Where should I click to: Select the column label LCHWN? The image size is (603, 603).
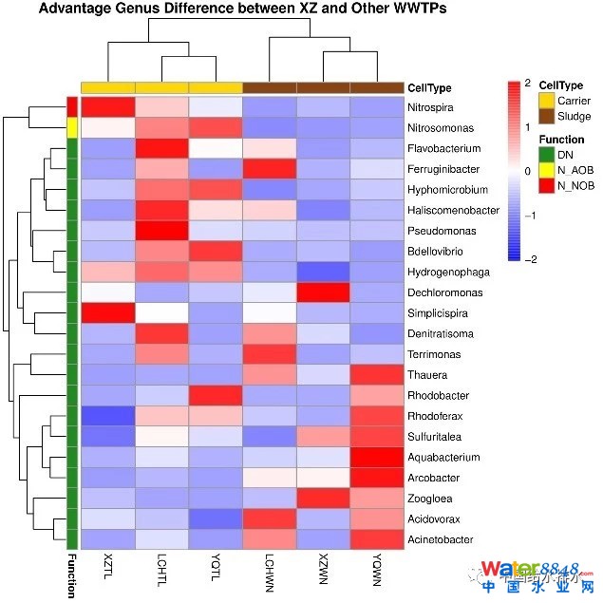click(x=270, y=575)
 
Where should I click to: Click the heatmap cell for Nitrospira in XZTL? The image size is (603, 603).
click(x=107, y=107)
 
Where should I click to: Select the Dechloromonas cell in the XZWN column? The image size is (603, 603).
click(x=324, y=292)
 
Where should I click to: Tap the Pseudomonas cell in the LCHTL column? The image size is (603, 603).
click(x=161, y=231)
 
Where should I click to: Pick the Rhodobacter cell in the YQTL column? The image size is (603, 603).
click(x=216, y=396)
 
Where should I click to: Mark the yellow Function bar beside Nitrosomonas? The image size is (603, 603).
click(x=71, y=127)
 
